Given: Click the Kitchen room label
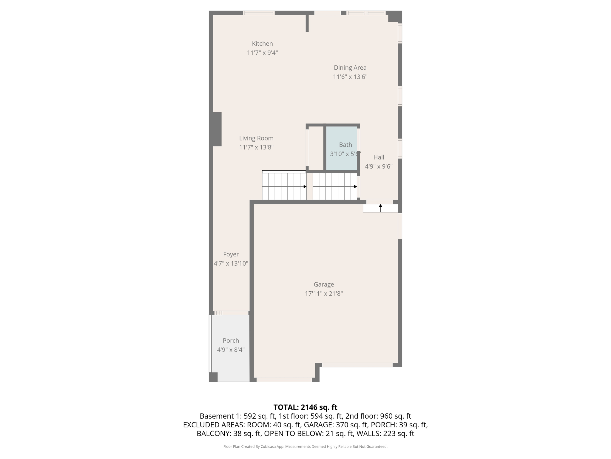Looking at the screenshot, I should click(262, 44).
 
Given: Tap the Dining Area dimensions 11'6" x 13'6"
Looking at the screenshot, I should click(350, 77).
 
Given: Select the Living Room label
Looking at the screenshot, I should click(256, 138).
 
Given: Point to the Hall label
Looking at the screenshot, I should click(379, 157).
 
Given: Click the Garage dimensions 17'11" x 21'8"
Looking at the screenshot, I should click(324, 293).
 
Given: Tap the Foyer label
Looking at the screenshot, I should click(231, 254).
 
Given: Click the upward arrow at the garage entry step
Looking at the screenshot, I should click(380, 206).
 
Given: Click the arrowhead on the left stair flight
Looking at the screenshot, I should click(305, 187).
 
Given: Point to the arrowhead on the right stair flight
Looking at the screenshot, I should click(355, 187).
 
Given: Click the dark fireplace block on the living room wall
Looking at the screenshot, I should click(217, 129).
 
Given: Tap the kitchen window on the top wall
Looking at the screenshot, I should click(259, 13).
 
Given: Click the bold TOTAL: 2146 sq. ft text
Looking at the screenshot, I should click(305, 407).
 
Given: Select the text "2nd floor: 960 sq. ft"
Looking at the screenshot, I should click(378, 416).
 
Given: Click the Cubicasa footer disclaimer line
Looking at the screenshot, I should click(305, 446).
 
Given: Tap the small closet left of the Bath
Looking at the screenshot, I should click(316, 148).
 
